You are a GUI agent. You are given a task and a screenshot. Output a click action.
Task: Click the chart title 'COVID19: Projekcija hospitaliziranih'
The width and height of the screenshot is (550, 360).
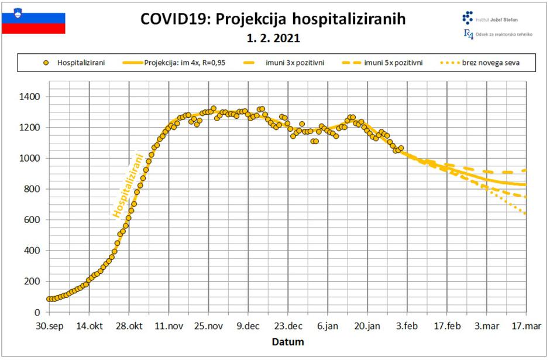[273, 19]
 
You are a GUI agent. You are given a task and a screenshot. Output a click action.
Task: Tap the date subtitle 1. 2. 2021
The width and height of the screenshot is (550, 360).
[273, 39]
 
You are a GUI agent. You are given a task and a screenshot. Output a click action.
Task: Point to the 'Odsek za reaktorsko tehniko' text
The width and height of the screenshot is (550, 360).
[504, 35]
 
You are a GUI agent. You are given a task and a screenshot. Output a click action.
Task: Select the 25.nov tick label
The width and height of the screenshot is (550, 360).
[208, 326]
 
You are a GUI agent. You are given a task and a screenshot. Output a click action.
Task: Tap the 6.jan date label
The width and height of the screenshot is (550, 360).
[328, 326]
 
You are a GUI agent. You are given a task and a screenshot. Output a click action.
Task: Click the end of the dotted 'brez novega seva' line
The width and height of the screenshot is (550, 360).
[525, 213]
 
